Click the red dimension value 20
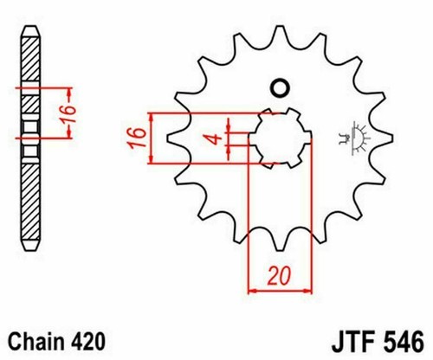[x=277, y=277]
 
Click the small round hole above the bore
[x=280, y=87]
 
